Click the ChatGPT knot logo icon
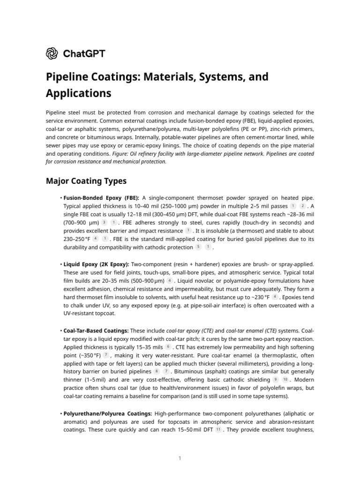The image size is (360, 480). click(x=52, y=53)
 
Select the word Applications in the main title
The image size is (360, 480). click(x=78, y=93)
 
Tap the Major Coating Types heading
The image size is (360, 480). click(x=86, y=180)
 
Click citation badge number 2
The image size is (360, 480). click(x=302, y=206)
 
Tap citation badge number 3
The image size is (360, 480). click(x=104, y=223)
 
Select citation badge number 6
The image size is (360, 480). click(x=168, y=347)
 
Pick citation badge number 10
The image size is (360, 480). click(x=285, y=380)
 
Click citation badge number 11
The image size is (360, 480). click(x=218, y=430)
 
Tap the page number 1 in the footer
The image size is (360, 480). click(x=180, y=458)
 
